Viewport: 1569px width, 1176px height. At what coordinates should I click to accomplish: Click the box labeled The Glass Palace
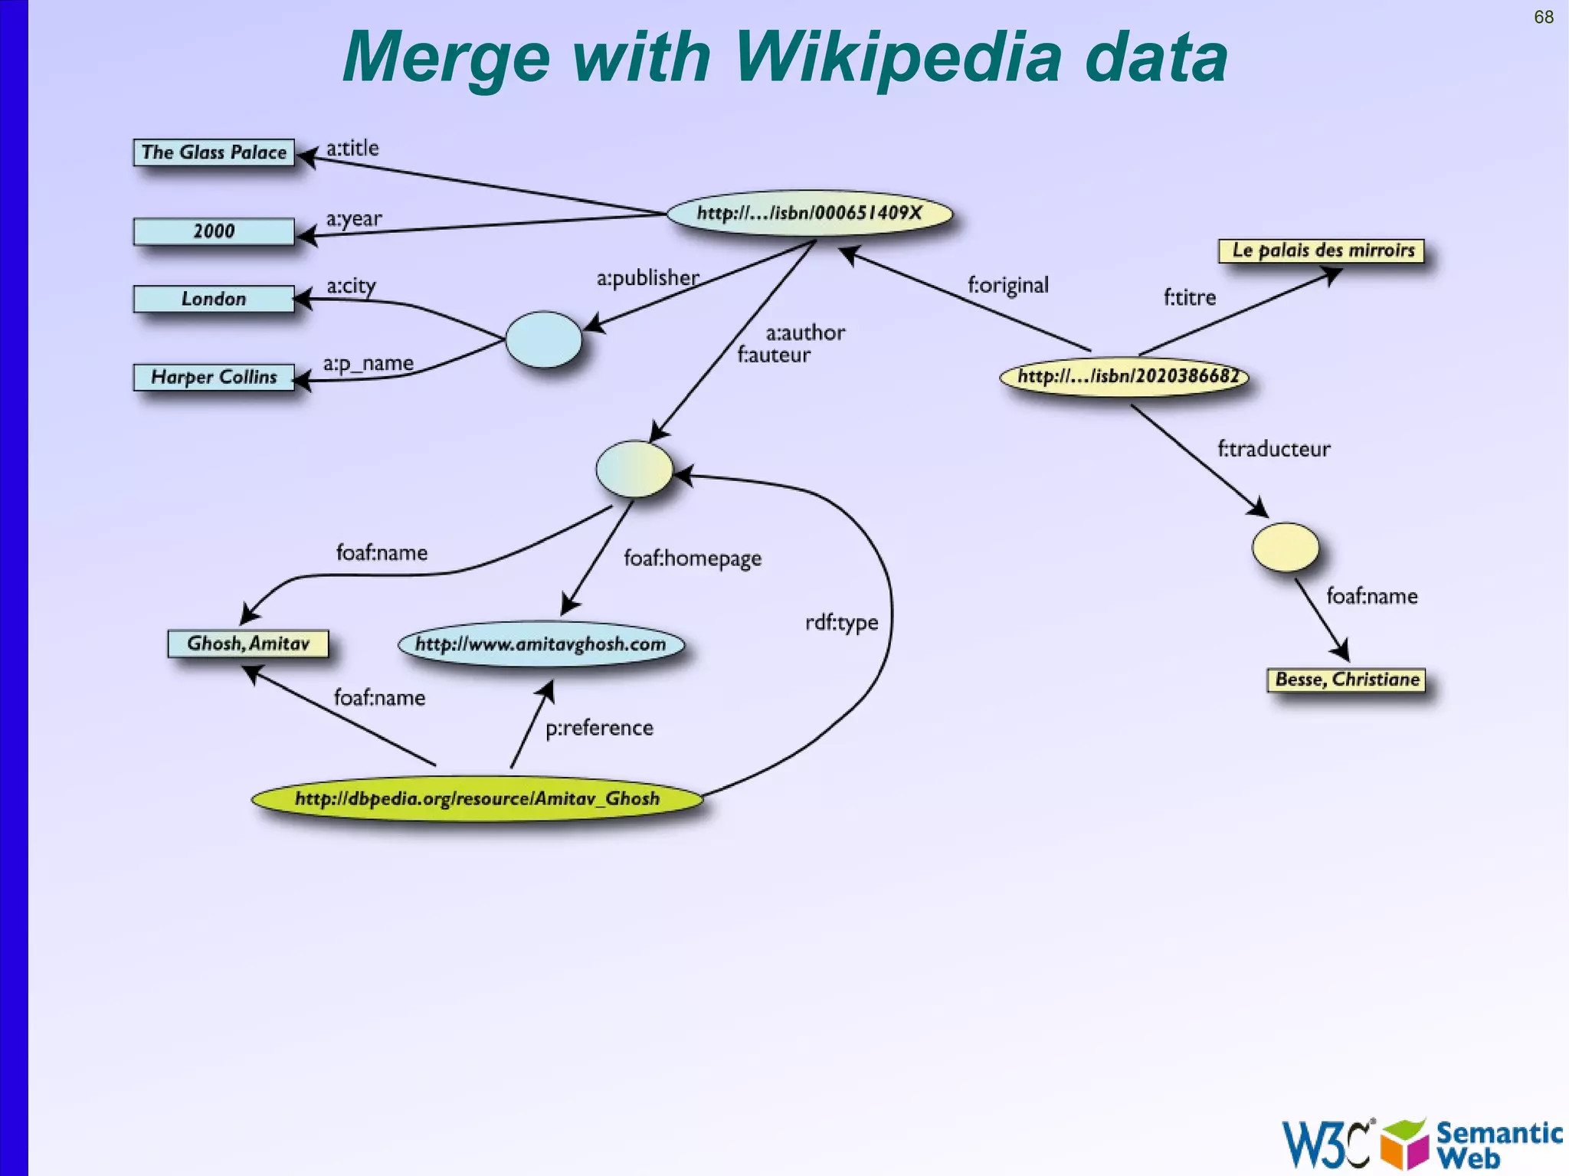click(x=214, y=152)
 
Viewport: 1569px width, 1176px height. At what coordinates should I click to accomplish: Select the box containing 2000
click(x=214, y=231)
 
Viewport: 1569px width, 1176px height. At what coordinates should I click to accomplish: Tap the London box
click(x=214, y=299)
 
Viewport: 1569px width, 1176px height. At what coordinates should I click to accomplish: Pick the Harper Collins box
click(x=214, y=377)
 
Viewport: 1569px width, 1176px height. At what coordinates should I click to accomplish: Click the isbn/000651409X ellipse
click(x=809, y=213)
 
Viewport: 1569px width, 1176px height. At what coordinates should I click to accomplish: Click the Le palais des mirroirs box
click(x=1322, y=251)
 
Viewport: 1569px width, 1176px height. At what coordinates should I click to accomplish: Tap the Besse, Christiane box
click(x=1346, y=680)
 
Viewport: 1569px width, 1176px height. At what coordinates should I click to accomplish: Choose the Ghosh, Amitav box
click(x=248, y=644)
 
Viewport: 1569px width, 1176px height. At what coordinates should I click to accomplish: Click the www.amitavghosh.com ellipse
click(x=541, y=644)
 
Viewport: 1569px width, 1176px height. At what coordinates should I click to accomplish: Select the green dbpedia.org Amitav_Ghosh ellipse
click(x=477, y=799)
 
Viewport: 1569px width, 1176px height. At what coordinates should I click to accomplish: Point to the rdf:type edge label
click(x=841, y=622)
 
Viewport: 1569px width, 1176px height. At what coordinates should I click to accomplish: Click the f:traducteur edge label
click(x=1273, y=449)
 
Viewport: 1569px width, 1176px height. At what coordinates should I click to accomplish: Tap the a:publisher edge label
click(x=647, y=277)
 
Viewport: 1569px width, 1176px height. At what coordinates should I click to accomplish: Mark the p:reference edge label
click(x=599, y=728)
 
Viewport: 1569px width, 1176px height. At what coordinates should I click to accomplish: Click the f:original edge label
click(x=1007, y=285)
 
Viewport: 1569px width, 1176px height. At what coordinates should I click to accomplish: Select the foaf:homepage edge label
click(x=692, y=558)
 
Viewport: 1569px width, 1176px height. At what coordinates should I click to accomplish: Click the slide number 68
click(x=1543, y=17)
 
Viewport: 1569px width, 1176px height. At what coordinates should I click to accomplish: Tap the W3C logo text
click(x=1325, y=1145)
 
